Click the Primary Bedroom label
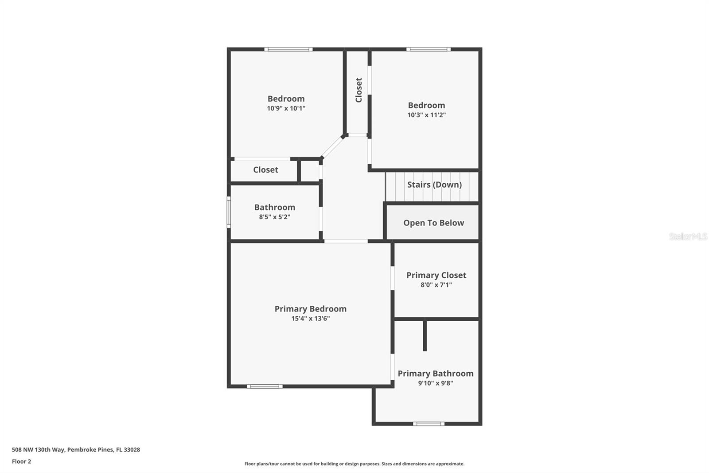tap(310, 309)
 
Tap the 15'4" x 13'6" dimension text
tap(310, 319)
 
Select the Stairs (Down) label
tap(434, 185)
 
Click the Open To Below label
tap(433, 223)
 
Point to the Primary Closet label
tap(436, 275)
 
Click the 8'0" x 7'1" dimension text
tap(436, 285)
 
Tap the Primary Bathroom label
tap(435, 374)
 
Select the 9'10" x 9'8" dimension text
tap(435, 383)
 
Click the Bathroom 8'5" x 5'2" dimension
tap(274, 217)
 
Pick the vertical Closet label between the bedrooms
tap(358, 90)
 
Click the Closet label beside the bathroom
tap(265, 169)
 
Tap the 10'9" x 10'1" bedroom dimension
tap(286, 108)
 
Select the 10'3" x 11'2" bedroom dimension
tap(426, 115)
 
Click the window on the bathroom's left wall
tap(229, 212)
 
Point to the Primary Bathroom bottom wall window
tap(428, 424)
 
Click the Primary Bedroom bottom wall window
tap(265, 386)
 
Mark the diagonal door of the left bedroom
tap(332, 147)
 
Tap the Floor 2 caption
tap(21, 461)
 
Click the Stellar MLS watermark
tap(688, 236)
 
